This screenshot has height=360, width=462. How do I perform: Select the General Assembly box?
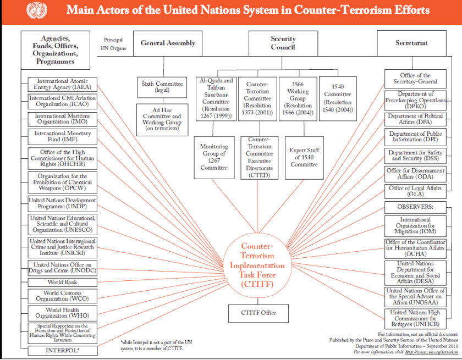click(168, 43)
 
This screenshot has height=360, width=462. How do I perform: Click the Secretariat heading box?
click(412, 43)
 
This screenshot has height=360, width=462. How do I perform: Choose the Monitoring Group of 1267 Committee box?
click(213, 157)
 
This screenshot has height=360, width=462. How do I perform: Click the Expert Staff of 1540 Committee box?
click(304, 157)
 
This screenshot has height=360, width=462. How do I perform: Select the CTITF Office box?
click(258, 313)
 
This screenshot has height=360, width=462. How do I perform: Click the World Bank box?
click(63, 282)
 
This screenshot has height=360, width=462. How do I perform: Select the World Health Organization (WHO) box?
click(63, 313)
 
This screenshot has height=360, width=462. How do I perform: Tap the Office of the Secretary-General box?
click(415, 79)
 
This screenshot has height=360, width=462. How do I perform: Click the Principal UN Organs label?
click(113, 44)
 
